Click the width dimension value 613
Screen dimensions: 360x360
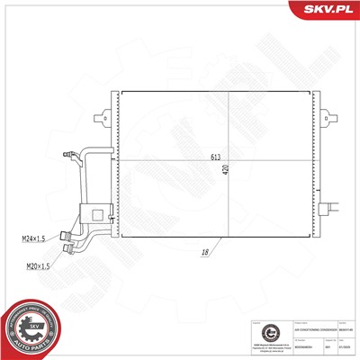[x=216, y=157]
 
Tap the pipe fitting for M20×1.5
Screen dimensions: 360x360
[x=68, y=250]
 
